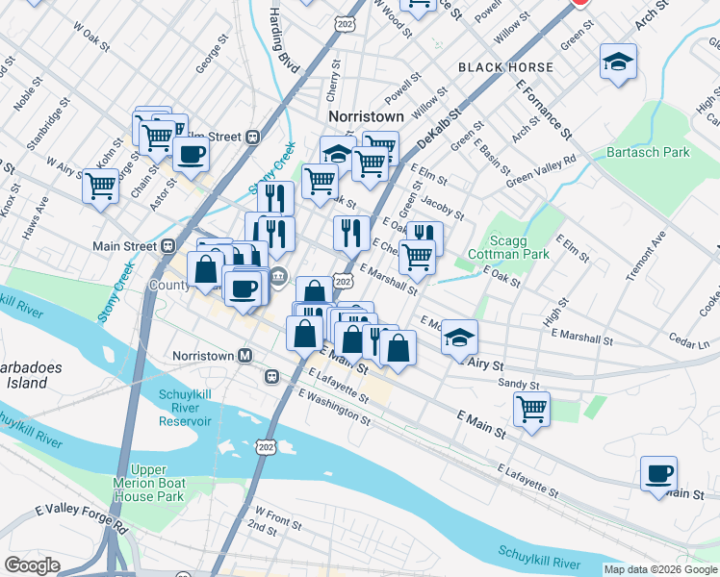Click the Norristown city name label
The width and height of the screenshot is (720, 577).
click(x=366, y=115)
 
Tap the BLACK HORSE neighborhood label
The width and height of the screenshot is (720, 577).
click(x=505, y=67)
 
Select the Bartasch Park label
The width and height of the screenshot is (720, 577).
click(x=648, y=153)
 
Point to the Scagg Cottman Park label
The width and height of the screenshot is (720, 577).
click(x=507, y=247)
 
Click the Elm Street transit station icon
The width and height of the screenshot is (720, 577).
click(x=252, y=137)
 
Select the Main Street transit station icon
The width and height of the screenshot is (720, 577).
click(x=168, y=245)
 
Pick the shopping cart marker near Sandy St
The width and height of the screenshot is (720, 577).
click(x=531, y=409)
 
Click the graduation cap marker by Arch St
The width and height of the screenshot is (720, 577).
click(x=617, y=62)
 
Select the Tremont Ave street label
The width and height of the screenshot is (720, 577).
click(x=644, y=256)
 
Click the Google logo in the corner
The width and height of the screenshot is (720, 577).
click(x=32, y=565)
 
